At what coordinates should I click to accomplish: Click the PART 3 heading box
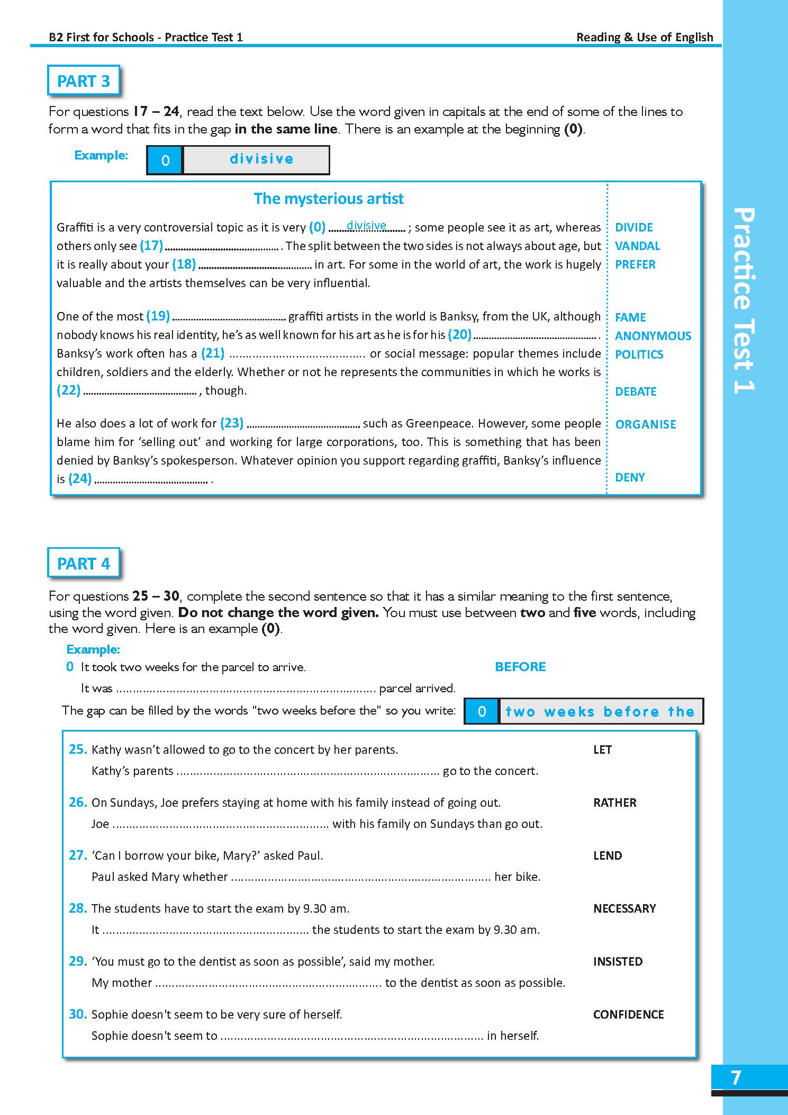(83, 81)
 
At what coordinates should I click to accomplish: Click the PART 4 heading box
(83, 564)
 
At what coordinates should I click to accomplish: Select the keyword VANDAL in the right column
(637, 246)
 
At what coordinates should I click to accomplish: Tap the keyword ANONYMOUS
(653, 336)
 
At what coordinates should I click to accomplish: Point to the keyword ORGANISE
(646, 424)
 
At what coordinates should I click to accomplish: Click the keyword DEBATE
(636, 391)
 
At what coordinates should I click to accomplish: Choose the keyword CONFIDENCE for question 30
(628, 1014)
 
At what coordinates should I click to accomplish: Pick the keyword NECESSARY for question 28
(624, 908)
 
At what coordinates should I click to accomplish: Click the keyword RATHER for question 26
(614, 802)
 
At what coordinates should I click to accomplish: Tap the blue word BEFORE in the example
(520, 667)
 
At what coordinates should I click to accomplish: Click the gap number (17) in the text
(151, 246)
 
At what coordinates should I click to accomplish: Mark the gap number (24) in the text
(80, 479)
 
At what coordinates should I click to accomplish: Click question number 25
(77, 749)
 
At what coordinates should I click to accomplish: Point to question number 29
(77, 961)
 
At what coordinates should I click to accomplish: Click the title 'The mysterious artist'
(329, 199)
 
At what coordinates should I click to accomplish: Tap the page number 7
(736, 1078)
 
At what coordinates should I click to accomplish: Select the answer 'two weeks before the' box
(600, 711)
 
